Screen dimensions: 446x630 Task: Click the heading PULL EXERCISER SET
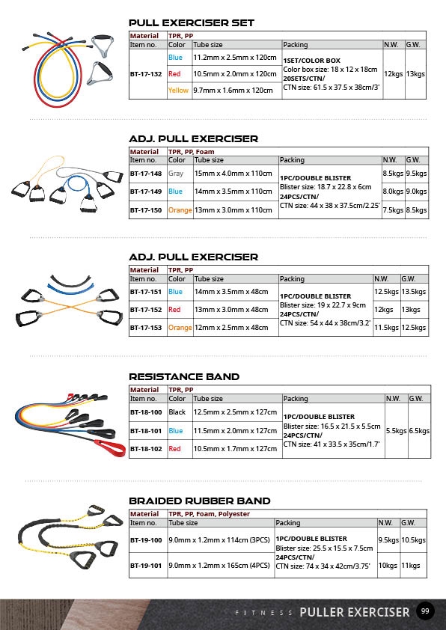point(192,23)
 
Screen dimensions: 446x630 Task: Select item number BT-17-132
point(146,74)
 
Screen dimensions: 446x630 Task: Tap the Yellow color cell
point(178,91)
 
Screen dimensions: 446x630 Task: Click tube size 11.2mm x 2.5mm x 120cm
point(235,58)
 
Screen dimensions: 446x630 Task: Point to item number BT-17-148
point(146,174)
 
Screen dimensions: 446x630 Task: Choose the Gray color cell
point(176,174)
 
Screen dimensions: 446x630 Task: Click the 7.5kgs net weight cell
point(393,210)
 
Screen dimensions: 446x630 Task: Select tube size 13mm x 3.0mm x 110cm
point(233,210)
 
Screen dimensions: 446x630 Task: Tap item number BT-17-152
point(146,310)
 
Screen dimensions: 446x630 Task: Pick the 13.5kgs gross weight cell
point(414,292)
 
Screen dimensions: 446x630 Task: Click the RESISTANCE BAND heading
point(184,377)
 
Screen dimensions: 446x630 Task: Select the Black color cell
point(177,412)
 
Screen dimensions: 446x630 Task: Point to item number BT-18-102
point(146,449)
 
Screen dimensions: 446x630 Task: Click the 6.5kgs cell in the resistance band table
point(420,431)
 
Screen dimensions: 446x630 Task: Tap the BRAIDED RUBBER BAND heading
point(200,501)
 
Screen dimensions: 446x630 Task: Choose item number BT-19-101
point(146,566)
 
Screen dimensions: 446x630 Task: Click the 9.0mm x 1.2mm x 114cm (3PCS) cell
point(219,540)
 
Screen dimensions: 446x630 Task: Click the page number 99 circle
point(425,611)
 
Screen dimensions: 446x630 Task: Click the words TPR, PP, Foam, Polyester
point(209,514)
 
